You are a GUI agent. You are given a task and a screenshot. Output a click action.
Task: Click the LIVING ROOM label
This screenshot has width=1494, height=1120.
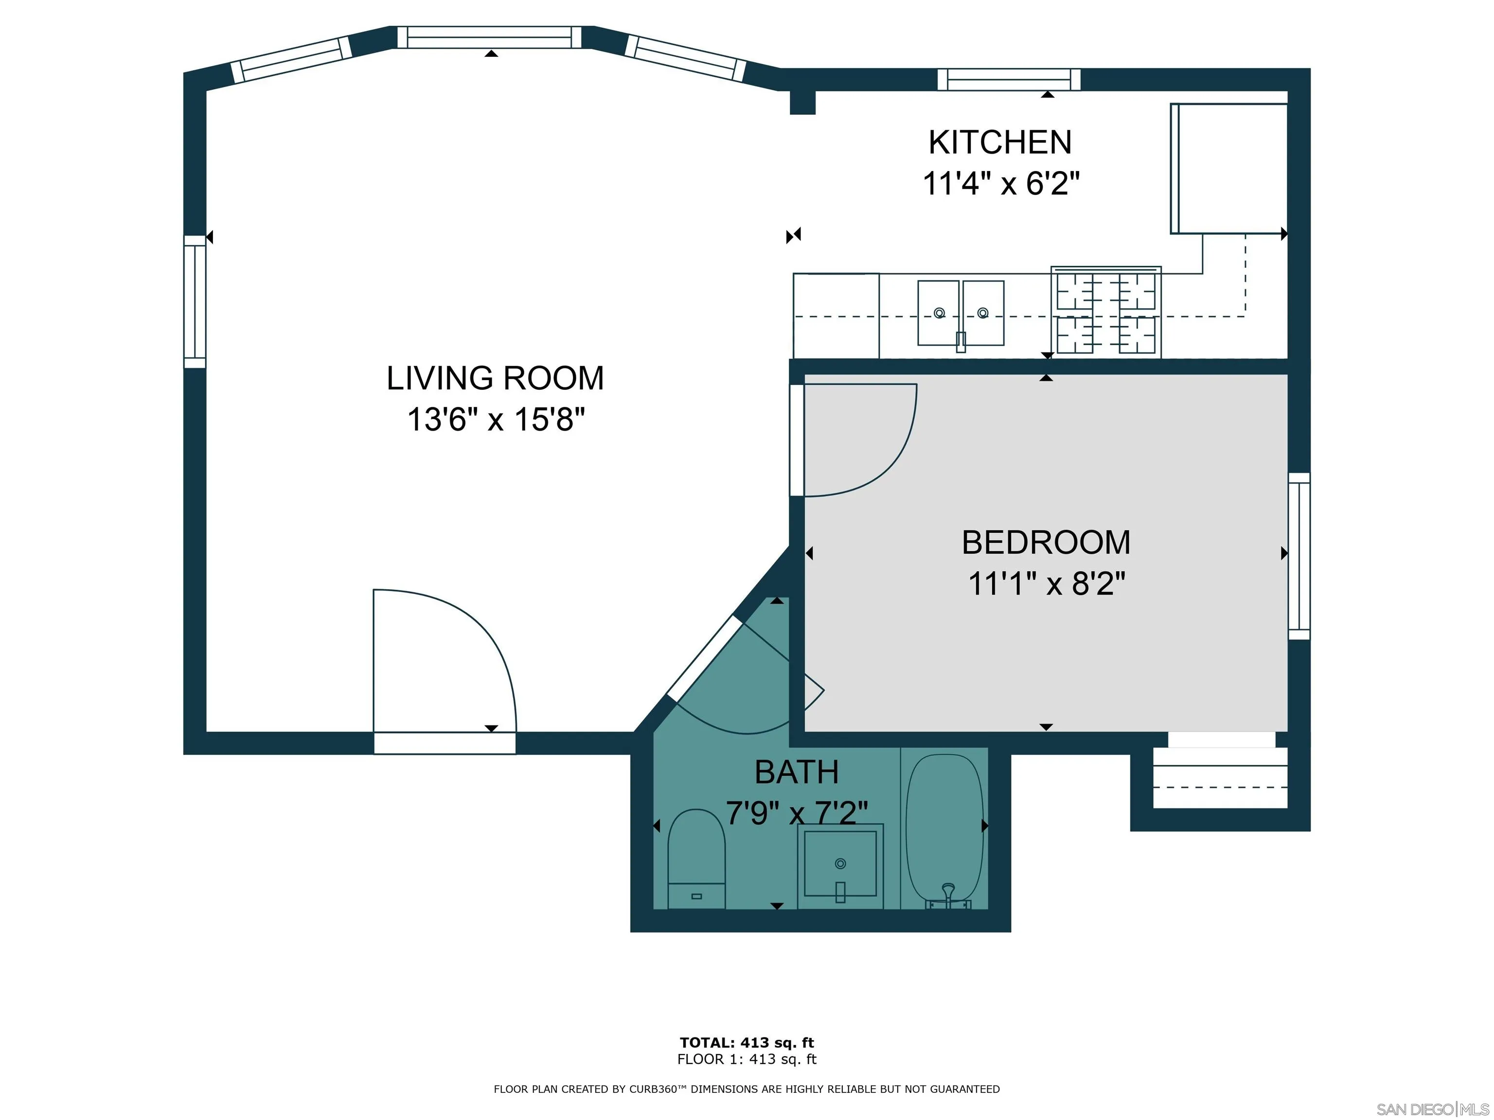click(495, 378)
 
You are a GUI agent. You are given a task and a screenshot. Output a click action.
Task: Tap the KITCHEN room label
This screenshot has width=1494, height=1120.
click(1000, 142)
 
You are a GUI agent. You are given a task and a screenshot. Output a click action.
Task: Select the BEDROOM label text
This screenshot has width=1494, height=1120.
click(1046, 543)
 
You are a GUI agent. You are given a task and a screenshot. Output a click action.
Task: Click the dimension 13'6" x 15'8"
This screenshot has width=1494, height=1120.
click(496, 419)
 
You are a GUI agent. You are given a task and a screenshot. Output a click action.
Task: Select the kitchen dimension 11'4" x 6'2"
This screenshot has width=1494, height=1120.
click(1001, 183)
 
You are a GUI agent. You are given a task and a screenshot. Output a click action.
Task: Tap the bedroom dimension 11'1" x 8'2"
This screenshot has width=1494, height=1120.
click(1047, 583)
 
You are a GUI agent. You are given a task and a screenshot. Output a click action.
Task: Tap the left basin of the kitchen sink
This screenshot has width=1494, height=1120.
click(939, 313)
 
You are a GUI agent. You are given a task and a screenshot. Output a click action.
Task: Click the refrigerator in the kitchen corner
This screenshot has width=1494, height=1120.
click(1228, 169)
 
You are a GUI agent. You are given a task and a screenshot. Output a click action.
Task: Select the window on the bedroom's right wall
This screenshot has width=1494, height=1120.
click(1299, 556)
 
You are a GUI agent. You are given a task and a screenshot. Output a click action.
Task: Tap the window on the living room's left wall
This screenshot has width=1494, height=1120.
click(195, 302)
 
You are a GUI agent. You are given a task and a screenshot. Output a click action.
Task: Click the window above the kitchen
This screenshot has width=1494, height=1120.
click(1009, 80)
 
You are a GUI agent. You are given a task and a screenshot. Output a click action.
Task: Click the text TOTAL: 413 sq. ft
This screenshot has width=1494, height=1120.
click(747, 1042)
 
